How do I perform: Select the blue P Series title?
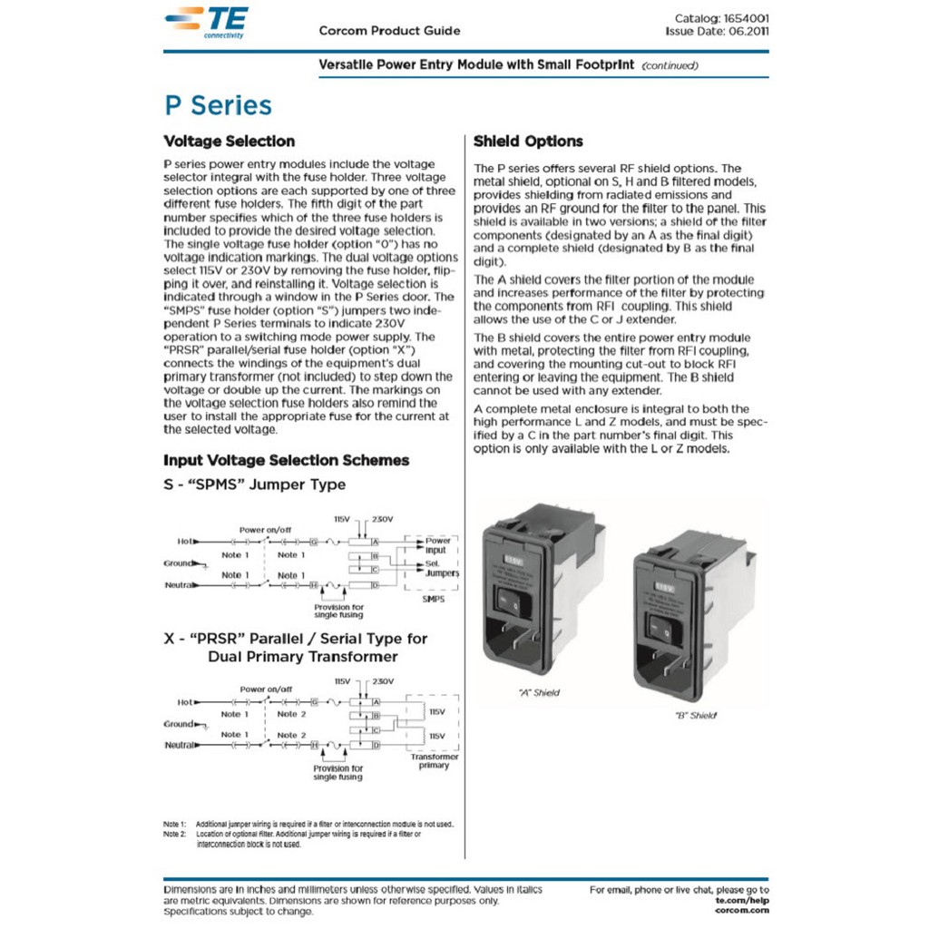coord(218,105)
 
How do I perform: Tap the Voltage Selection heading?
coord(229,142)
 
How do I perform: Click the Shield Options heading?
coord(528,142)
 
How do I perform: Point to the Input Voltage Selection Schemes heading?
coord(286,460)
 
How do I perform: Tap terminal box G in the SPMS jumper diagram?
coord(314,541)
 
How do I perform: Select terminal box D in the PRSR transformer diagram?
coord(375,744)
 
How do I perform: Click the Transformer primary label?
coord(434,760)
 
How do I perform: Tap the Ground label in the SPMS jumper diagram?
coord(179,563)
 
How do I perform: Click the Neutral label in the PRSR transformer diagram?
coord(181,745)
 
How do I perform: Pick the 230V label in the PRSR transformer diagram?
coord(383,680)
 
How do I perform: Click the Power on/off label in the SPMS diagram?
coord(266,530)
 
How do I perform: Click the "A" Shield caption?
coord(539,692)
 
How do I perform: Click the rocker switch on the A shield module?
coord(506,600)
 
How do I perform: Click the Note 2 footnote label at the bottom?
coord(174,834)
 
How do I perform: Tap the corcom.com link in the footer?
coord(742,909)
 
